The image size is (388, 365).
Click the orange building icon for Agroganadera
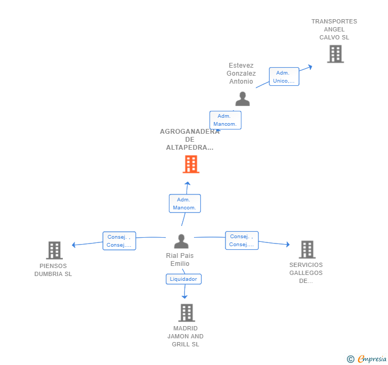[191, 164]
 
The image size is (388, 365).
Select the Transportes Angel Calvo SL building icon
[336, 54]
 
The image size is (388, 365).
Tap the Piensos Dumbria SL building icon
[54, 250]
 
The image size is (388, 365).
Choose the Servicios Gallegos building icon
[308, 249]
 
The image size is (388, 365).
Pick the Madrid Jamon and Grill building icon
[187, 313]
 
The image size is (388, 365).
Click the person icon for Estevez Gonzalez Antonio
[242, 99]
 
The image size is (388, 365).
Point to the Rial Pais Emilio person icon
[181, 241]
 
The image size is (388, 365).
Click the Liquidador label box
[183, 279]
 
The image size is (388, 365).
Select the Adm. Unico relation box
[284, 77]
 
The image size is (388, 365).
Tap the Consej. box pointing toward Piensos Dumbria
[119, 241]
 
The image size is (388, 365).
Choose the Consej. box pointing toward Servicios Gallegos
[242, 240]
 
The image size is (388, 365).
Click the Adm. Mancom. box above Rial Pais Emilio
[185, 204]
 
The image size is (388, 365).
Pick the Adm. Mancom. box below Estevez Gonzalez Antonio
[225, 120]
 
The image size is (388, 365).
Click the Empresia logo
[367, 359]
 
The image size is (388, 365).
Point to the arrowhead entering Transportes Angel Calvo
[310, 67]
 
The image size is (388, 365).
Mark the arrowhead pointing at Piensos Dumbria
[74, 245]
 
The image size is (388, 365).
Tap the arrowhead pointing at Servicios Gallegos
[288, 245]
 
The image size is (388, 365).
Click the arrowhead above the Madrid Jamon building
[184, 297]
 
